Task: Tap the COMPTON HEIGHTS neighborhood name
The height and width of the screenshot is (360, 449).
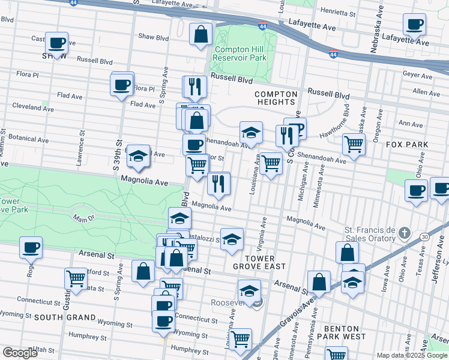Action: pyautogui.click(x=276, y=98)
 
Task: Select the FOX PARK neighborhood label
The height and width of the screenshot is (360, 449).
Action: pyautogui.click(x=407, y=145)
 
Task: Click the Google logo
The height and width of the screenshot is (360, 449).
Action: pyautogui.click(x=20, y=353)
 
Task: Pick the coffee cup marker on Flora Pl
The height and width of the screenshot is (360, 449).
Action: pyautogui.click(x=122, y=85)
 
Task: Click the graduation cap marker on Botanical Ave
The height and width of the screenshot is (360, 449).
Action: pyautogui.click(x=139, y=156)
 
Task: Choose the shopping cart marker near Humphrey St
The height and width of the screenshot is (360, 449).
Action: pyautogui.click(x=241, y=338)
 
